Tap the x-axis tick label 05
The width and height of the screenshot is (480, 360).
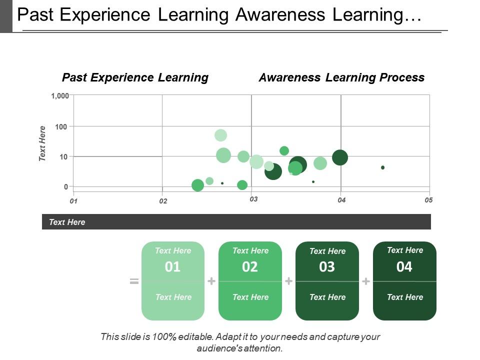pyautogui.click(x=428, y=200)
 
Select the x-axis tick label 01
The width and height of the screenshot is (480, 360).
pyautogui.click(x=73, y=201)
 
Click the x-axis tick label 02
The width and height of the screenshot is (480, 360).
pyautogui.click(x=163, y=201)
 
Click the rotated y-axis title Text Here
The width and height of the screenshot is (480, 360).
pyautogui.click(x=42, y=143)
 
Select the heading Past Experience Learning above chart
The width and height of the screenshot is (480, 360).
pyautogui.click(x=135, y=77)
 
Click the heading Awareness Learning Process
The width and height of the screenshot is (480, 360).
pyautogui.click(x=341, y=77)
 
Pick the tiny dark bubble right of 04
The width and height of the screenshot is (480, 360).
pyautogui.click(x=382, y=167)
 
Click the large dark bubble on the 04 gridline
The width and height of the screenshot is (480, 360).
pyautogui.click(x=340, y=157)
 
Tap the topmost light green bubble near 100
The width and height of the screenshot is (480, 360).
pyautogui.click(x=220, y=135)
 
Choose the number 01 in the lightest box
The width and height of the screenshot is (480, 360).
pyautogui.click(x=172, y=267)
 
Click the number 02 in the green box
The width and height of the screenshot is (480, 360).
pyautogui.click(x=250, y=267)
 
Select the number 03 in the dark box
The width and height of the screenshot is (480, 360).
pyautogui.click(x=327, y=267)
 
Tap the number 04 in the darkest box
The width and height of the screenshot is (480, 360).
pyautogui.click(x=404, y=267)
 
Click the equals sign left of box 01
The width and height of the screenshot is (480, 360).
pyautogui.click(x=134, y=281)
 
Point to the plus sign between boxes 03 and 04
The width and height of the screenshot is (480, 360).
pyautogui.click(x=366, y=281)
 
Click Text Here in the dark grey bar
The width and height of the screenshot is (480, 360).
pyautogui.click(x=67, y=222)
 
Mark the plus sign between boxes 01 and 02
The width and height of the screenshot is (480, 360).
pyautogui.click(x=211, y=281)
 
